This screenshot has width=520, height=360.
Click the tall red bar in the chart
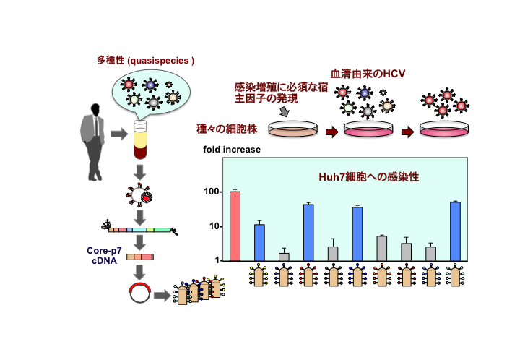[235, 226]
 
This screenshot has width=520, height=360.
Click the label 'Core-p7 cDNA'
[106, 256]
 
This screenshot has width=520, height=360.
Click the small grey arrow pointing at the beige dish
[284, 112]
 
